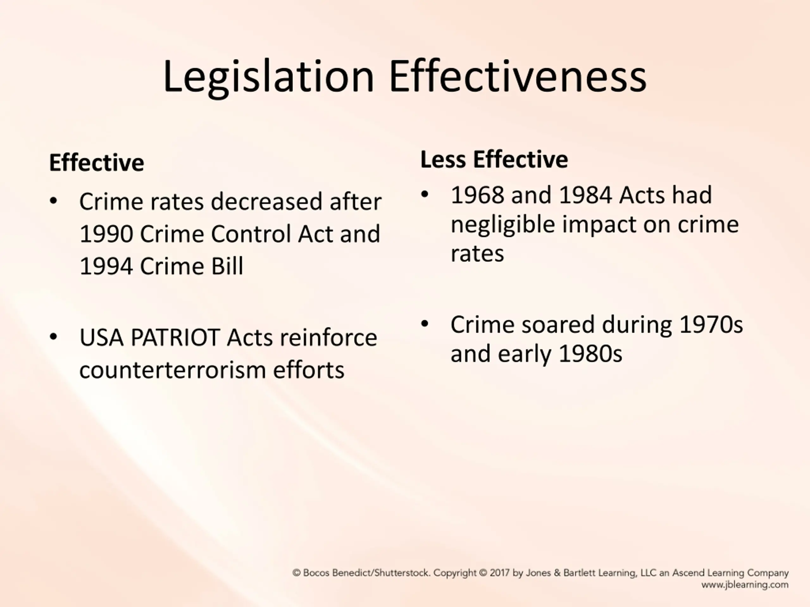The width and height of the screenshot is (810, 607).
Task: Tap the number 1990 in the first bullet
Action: pos(106,234)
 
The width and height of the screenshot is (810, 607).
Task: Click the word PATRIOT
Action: pos(175,337)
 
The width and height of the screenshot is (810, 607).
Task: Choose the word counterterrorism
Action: pos(172,370)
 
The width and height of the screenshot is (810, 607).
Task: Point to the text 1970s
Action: pos(711,325)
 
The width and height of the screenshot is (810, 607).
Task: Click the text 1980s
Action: pos(591,354)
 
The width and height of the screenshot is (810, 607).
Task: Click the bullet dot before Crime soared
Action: pos(425,324)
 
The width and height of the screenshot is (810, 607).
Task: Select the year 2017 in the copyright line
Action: pos(500,573)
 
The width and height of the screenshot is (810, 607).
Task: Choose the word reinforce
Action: pos(328,337)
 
